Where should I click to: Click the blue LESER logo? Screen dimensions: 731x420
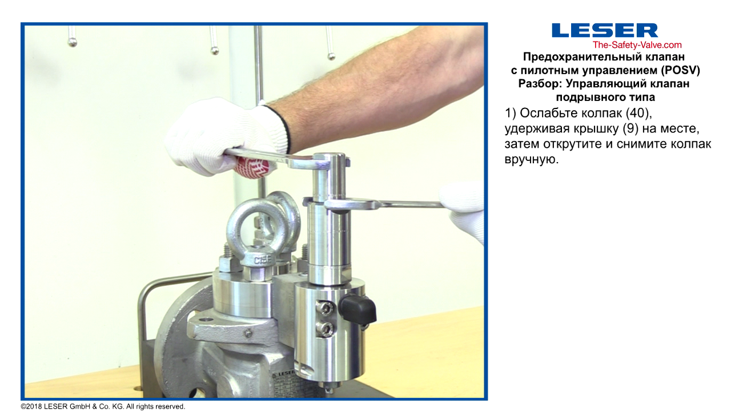pos(605,30)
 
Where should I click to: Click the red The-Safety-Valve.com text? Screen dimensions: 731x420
pos(637,45)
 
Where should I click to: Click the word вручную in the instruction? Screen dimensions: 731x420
pos(532,159)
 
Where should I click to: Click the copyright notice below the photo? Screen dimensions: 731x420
pos(103,407)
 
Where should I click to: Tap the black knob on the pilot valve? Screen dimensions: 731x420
pos(358,309)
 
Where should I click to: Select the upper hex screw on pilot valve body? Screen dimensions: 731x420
pos(325,308)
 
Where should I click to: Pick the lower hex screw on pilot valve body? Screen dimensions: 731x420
pos(325,329)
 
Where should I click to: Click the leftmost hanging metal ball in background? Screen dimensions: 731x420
pos(73,42)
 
